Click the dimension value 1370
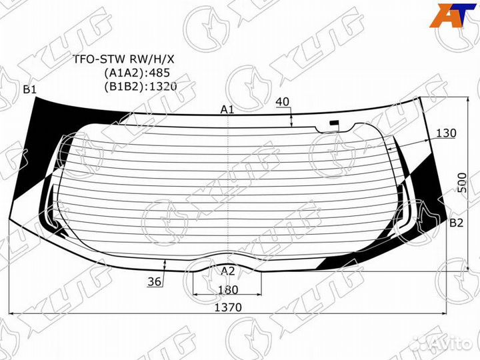228,307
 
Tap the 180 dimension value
228,289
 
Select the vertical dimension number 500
463,183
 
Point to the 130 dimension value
446,133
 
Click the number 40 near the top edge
282,101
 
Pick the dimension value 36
154,281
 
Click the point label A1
227,109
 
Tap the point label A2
228,271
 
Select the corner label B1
30,89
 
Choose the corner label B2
456,223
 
